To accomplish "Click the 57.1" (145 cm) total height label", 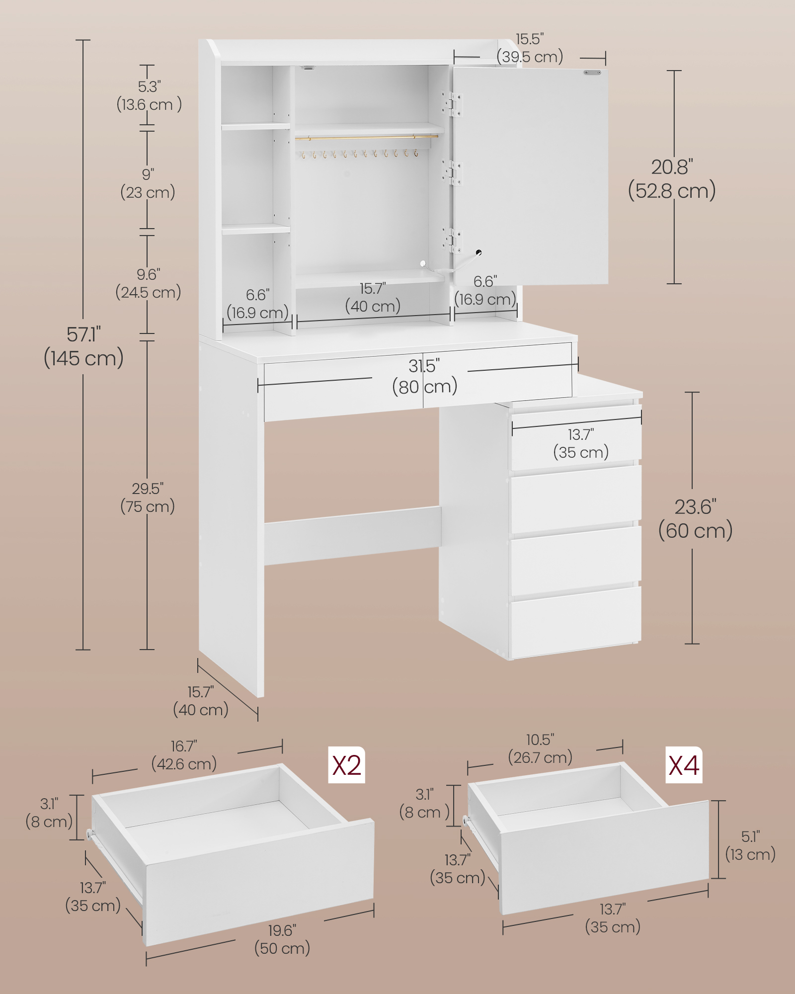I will [x=83, y=347].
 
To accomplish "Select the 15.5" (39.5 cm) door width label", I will [x=530, y=48].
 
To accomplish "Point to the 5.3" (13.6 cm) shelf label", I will [x=149, y=96].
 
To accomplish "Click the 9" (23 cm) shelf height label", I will [x=148, y=184].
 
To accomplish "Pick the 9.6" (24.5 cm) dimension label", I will [x=148, y=283].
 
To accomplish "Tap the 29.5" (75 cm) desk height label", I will [x=148, y=497].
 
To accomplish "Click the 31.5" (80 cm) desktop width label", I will [x=424, y=377].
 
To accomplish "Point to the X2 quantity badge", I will [x=346, y=765].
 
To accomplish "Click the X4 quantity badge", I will [x=684, y=765].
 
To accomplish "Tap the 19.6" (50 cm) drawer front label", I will [x=282, y=939].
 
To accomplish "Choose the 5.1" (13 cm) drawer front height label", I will [x=750, y=845].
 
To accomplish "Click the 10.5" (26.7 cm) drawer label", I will [x=540, y=749].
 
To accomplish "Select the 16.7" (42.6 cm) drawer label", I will [x=184, y=755].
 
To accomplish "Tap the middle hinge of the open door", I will [x=453, y=172].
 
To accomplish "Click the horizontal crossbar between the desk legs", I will [x=352, y=535].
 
